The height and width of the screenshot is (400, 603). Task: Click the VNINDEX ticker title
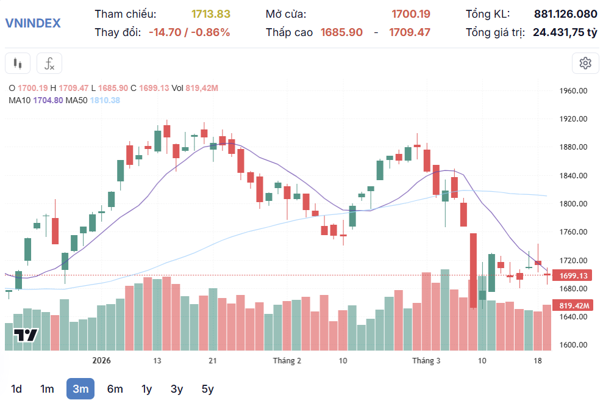tap(33, 23)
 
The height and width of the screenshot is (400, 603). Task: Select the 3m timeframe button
tap(80, 388)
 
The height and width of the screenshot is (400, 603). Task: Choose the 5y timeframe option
tap(208, 388)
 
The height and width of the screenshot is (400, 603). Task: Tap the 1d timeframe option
tap(16, 388)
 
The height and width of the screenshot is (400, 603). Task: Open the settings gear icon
tap(585, 63)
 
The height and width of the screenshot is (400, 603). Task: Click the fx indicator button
tap(49, 63)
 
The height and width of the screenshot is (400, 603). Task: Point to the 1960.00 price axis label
tap(573, 91)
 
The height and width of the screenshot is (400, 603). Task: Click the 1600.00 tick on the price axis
tap(573, 345)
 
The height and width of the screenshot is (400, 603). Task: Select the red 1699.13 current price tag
tap(573, 275)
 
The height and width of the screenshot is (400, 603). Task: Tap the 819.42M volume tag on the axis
tap(573, 305)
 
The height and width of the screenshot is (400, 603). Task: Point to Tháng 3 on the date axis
tap(426, 361)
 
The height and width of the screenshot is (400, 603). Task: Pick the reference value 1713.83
tap(210, 14)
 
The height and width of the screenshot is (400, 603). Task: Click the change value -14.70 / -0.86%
tap(189, 32)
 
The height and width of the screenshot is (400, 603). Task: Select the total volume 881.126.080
tap(565, 14)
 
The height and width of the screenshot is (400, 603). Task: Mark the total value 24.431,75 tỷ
tap(565, 32)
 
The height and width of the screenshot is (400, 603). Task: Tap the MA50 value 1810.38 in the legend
tap(105, 100)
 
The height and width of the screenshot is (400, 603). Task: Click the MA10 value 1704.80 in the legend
tap(48, 100)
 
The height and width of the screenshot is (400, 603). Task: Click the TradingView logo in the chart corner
tap(26, 335)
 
